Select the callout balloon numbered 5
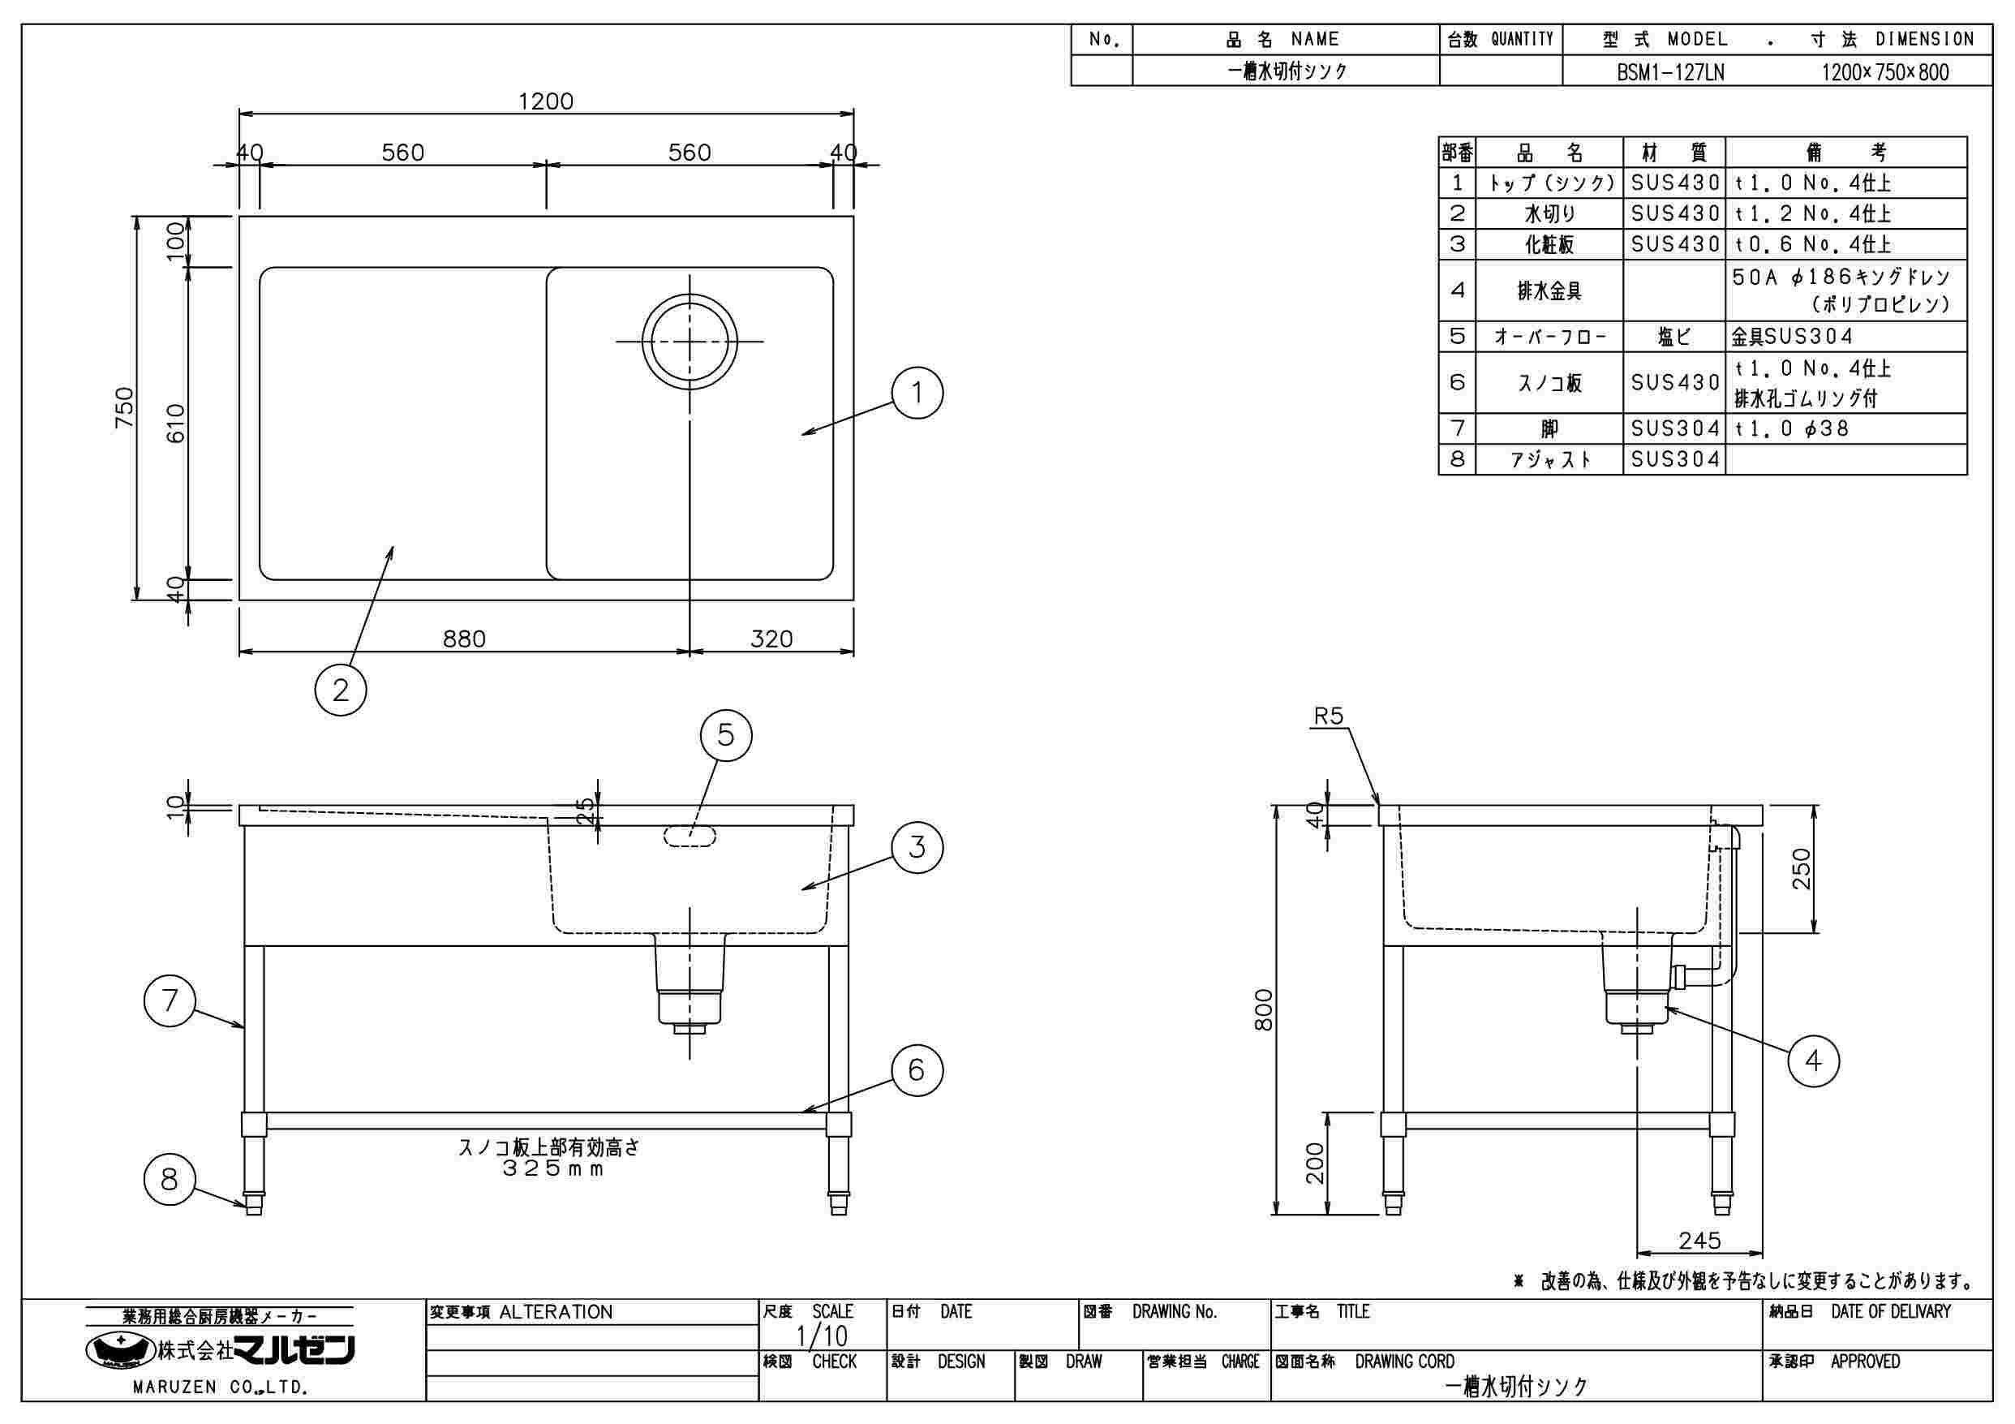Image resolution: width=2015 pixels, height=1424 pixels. (726, 734)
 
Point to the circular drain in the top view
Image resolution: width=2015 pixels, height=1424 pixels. (689, 341)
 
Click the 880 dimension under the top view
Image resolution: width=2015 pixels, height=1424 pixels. (463, 639)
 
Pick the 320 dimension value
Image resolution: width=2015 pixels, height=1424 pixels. (771, 639)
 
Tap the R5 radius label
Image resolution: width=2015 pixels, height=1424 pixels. (1328, 716)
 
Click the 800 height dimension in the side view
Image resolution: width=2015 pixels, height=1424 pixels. (1264, 1009)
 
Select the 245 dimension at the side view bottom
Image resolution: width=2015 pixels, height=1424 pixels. (1699, 1241)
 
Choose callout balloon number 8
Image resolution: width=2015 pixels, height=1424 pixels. (170, 1179)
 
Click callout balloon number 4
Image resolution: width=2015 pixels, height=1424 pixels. (1813, 1061)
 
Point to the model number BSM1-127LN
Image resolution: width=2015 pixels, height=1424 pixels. (1670, 72)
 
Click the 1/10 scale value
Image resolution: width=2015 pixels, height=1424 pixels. (822, 1336)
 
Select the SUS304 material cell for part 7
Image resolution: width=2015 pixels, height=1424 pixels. (1674, 428)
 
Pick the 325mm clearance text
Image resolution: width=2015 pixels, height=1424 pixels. (553, 1168)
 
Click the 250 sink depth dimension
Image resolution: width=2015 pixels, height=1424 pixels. (1801, 868)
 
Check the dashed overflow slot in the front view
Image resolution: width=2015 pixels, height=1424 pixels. (690, 836)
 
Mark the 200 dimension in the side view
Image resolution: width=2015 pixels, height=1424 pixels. (1314, 1164)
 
